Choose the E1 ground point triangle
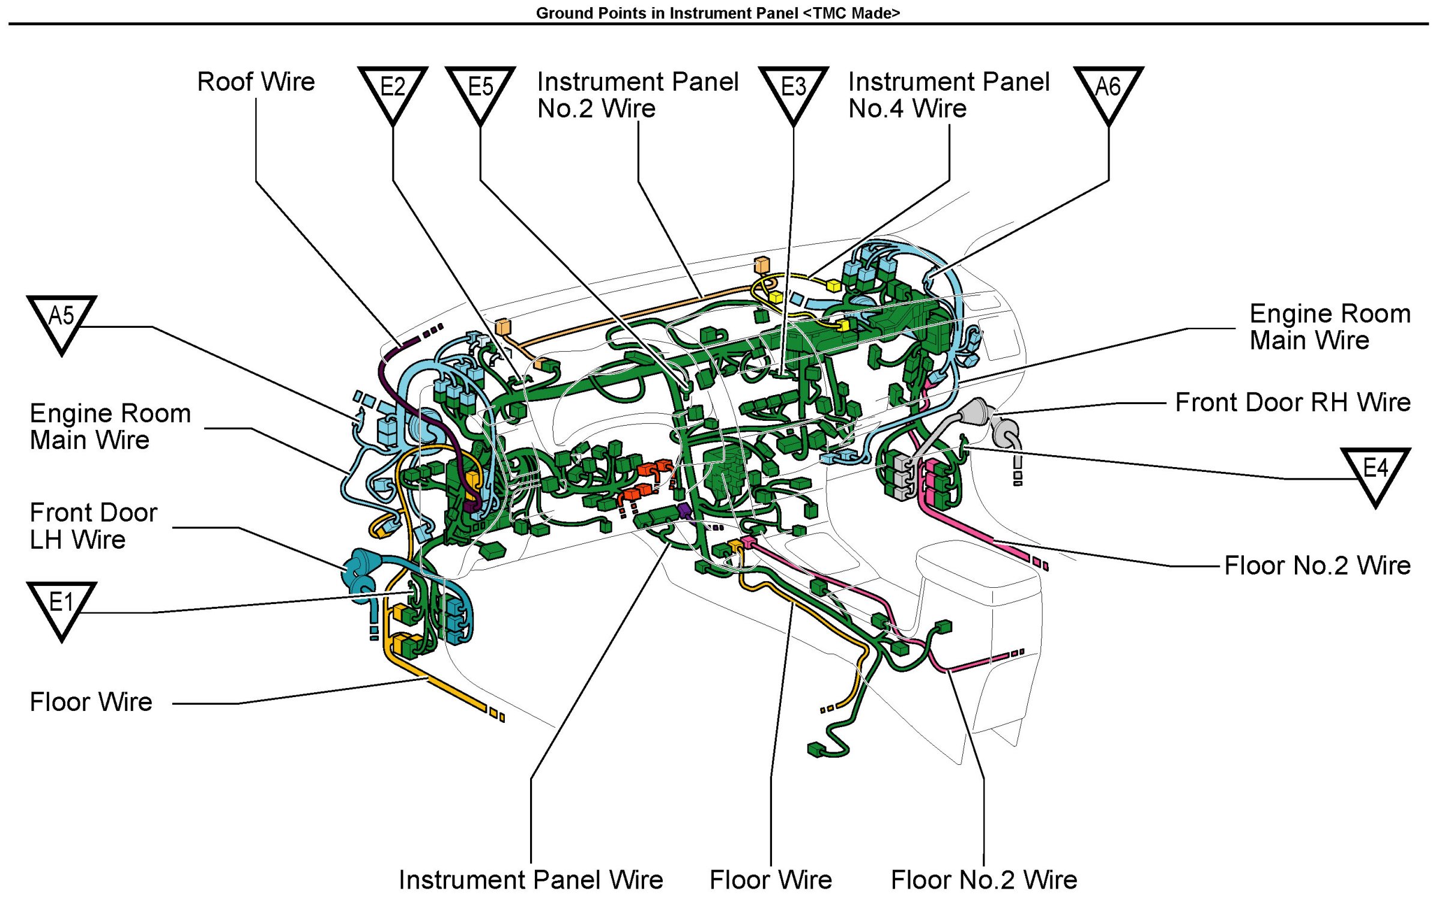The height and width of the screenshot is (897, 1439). coord(61,605)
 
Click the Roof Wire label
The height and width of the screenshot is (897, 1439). coord(256,82)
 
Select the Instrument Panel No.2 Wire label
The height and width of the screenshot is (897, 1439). coord(638,95)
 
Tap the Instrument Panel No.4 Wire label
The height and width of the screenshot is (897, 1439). coord(949,95)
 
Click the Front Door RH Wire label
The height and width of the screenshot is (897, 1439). coord(1292,402)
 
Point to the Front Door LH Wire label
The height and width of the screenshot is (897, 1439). coord(93,526)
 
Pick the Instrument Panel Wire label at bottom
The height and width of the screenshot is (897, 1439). coord(531,880)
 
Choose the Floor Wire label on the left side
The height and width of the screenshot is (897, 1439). coord(91,702)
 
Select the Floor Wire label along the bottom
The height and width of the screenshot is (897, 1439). coord(771,880)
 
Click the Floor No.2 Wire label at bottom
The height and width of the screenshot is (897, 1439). coord(983,880)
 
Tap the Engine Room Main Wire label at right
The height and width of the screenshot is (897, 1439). coord(1329,327)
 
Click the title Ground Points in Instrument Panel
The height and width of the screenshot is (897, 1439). coord(718,13)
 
